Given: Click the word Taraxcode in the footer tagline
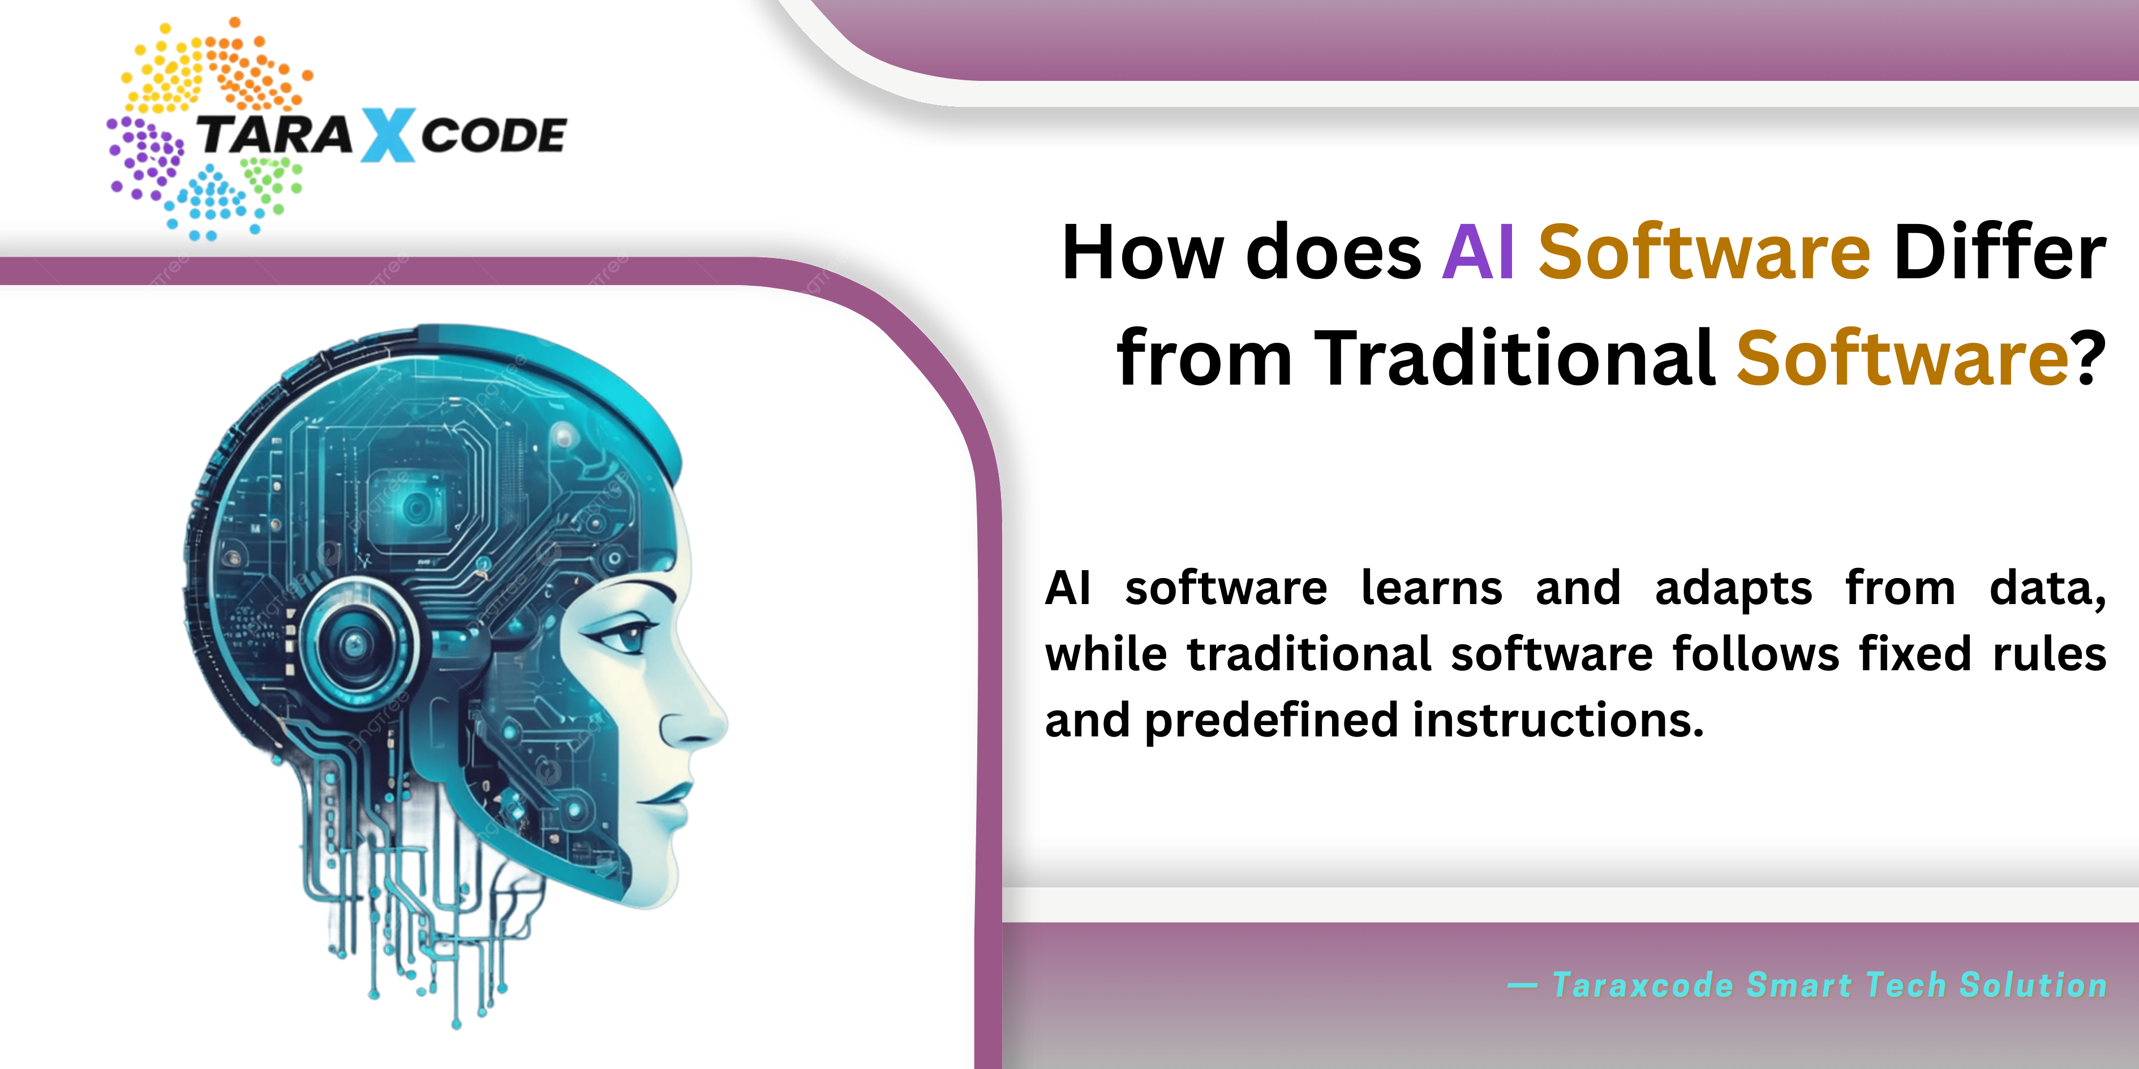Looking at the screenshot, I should [x=1642, y=985].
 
